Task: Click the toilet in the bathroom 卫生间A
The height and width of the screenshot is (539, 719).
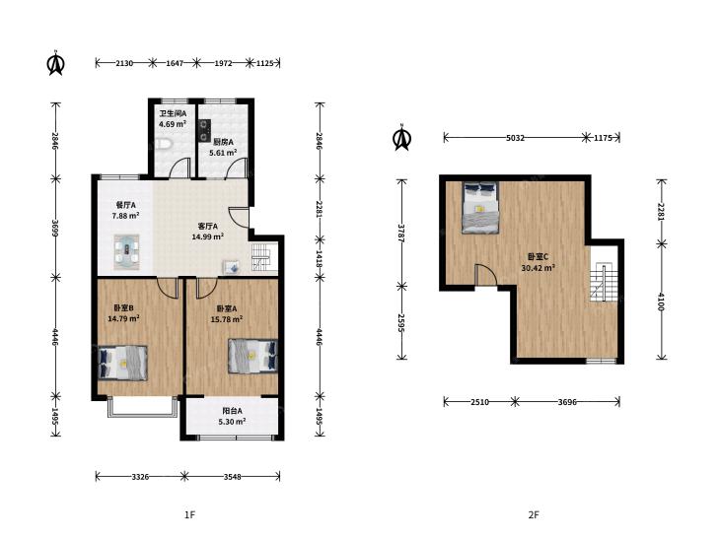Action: [164, 144]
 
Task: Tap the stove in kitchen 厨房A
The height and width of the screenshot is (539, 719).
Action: [204, 130]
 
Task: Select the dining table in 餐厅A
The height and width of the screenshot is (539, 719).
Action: [126, 252]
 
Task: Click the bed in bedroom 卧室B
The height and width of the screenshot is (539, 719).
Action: [123, 363]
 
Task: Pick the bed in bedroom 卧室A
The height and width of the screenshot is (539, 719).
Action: [253, 356]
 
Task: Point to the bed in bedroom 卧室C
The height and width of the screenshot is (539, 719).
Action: [480, 207]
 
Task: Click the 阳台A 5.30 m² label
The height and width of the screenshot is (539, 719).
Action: [232, 416]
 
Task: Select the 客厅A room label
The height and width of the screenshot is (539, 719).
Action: [208, 227]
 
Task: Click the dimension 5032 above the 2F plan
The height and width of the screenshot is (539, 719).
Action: [515, 137]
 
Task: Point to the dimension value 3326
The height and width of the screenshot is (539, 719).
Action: [140, 477]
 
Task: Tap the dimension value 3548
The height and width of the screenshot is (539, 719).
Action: [233, 477]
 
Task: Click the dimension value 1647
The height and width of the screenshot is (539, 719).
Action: [175, 63]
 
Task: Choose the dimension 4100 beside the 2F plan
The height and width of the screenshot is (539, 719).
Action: [661, 302]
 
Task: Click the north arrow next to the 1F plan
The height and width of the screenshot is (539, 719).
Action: [56, 63]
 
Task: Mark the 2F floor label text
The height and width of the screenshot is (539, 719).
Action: [534, 515]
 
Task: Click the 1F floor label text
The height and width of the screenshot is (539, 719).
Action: [189, 515]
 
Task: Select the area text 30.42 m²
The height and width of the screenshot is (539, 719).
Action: [539, 268]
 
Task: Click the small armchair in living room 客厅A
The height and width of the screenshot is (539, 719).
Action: [231, 267]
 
